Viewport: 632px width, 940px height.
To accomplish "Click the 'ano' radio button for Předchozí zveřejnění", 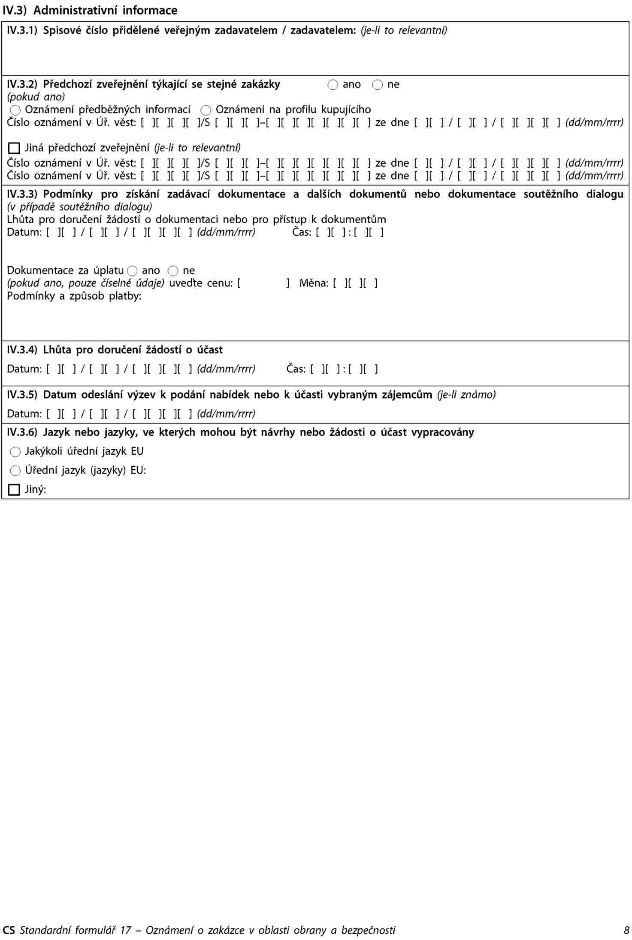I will tap(333, 85).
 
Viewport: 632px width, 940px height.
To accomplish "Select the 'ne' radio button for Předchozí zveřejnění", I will tap(377, 85).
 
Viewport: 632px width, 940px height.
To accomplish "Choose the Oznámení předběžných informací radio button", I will tap(15, 110).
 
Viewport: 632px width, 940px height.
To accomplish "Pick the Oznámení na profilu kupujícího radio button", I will tap(206, 110).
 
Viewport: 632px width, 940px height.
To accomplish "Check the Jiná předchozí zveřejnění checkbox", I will tap(14, 149).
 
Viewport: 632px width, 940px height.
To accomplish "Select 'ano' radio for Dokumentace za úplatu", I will tap(132, 271).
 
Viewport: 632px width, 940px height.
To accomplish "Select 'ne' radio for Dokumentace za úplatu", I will tap(173, 271).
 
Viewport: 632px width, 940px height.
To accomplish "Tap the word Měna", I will tap(314, 283).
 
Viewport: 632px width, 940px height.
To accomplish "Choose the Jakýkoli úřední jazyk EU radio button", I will tap(15, 452).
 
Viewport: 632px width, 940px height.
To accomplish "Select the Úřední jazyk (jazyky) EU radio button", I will tap(15, 471).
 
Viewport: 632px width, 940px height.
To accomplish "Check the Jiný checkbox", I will tap(14, 490).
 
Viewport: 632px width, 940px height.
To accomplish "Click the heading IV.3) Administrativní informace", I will tap(90, 10).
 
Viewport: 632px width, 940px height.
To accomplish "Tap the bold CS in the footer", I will tap(9, 931).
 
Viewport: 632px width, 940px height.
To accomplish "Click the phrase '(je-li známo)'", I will tap(466, 395).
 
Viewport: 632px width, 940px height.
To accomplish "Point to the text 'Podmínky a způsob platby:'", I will tap(74, 296).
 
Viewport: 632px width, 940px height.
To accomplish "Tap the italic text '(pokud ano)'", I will tap(36, 97).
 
